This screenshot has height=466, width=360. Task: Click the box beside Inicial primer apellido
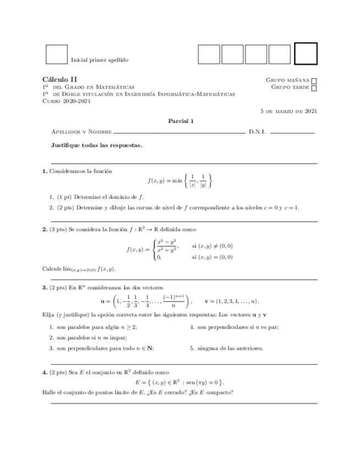(x=56, y=54)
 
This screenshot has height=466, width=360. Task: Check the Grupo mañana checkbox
(x=314, y=80)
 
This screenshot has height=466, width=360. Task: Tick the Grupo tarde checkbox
(x=314, y=87)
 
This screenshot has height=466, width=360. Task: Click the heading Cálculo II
(x=60, y=80)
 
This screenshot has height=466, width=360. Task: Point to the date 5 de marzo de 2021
(x=288, y=110)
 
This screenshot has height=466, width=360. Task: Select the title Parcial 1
(x=180, y=121)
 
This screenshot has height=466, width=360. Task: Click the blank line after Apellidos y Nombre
(x=179, y=133)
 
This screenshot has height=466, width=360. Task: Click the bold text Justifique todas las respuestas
(x=96, y=146)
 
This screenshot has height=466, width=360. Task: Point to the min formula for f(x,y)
(x=180, y=180)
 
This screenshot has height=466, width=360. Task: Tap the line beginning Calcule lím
(x=80, y=269)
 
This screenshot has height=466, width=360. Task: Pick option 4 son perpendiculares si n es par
(x=234, y=327)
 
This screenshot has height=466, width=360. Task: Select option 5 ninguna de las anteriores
(x=226, y=348)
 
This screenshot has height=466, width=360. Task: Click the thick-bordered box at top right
(x=306, y=54)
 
